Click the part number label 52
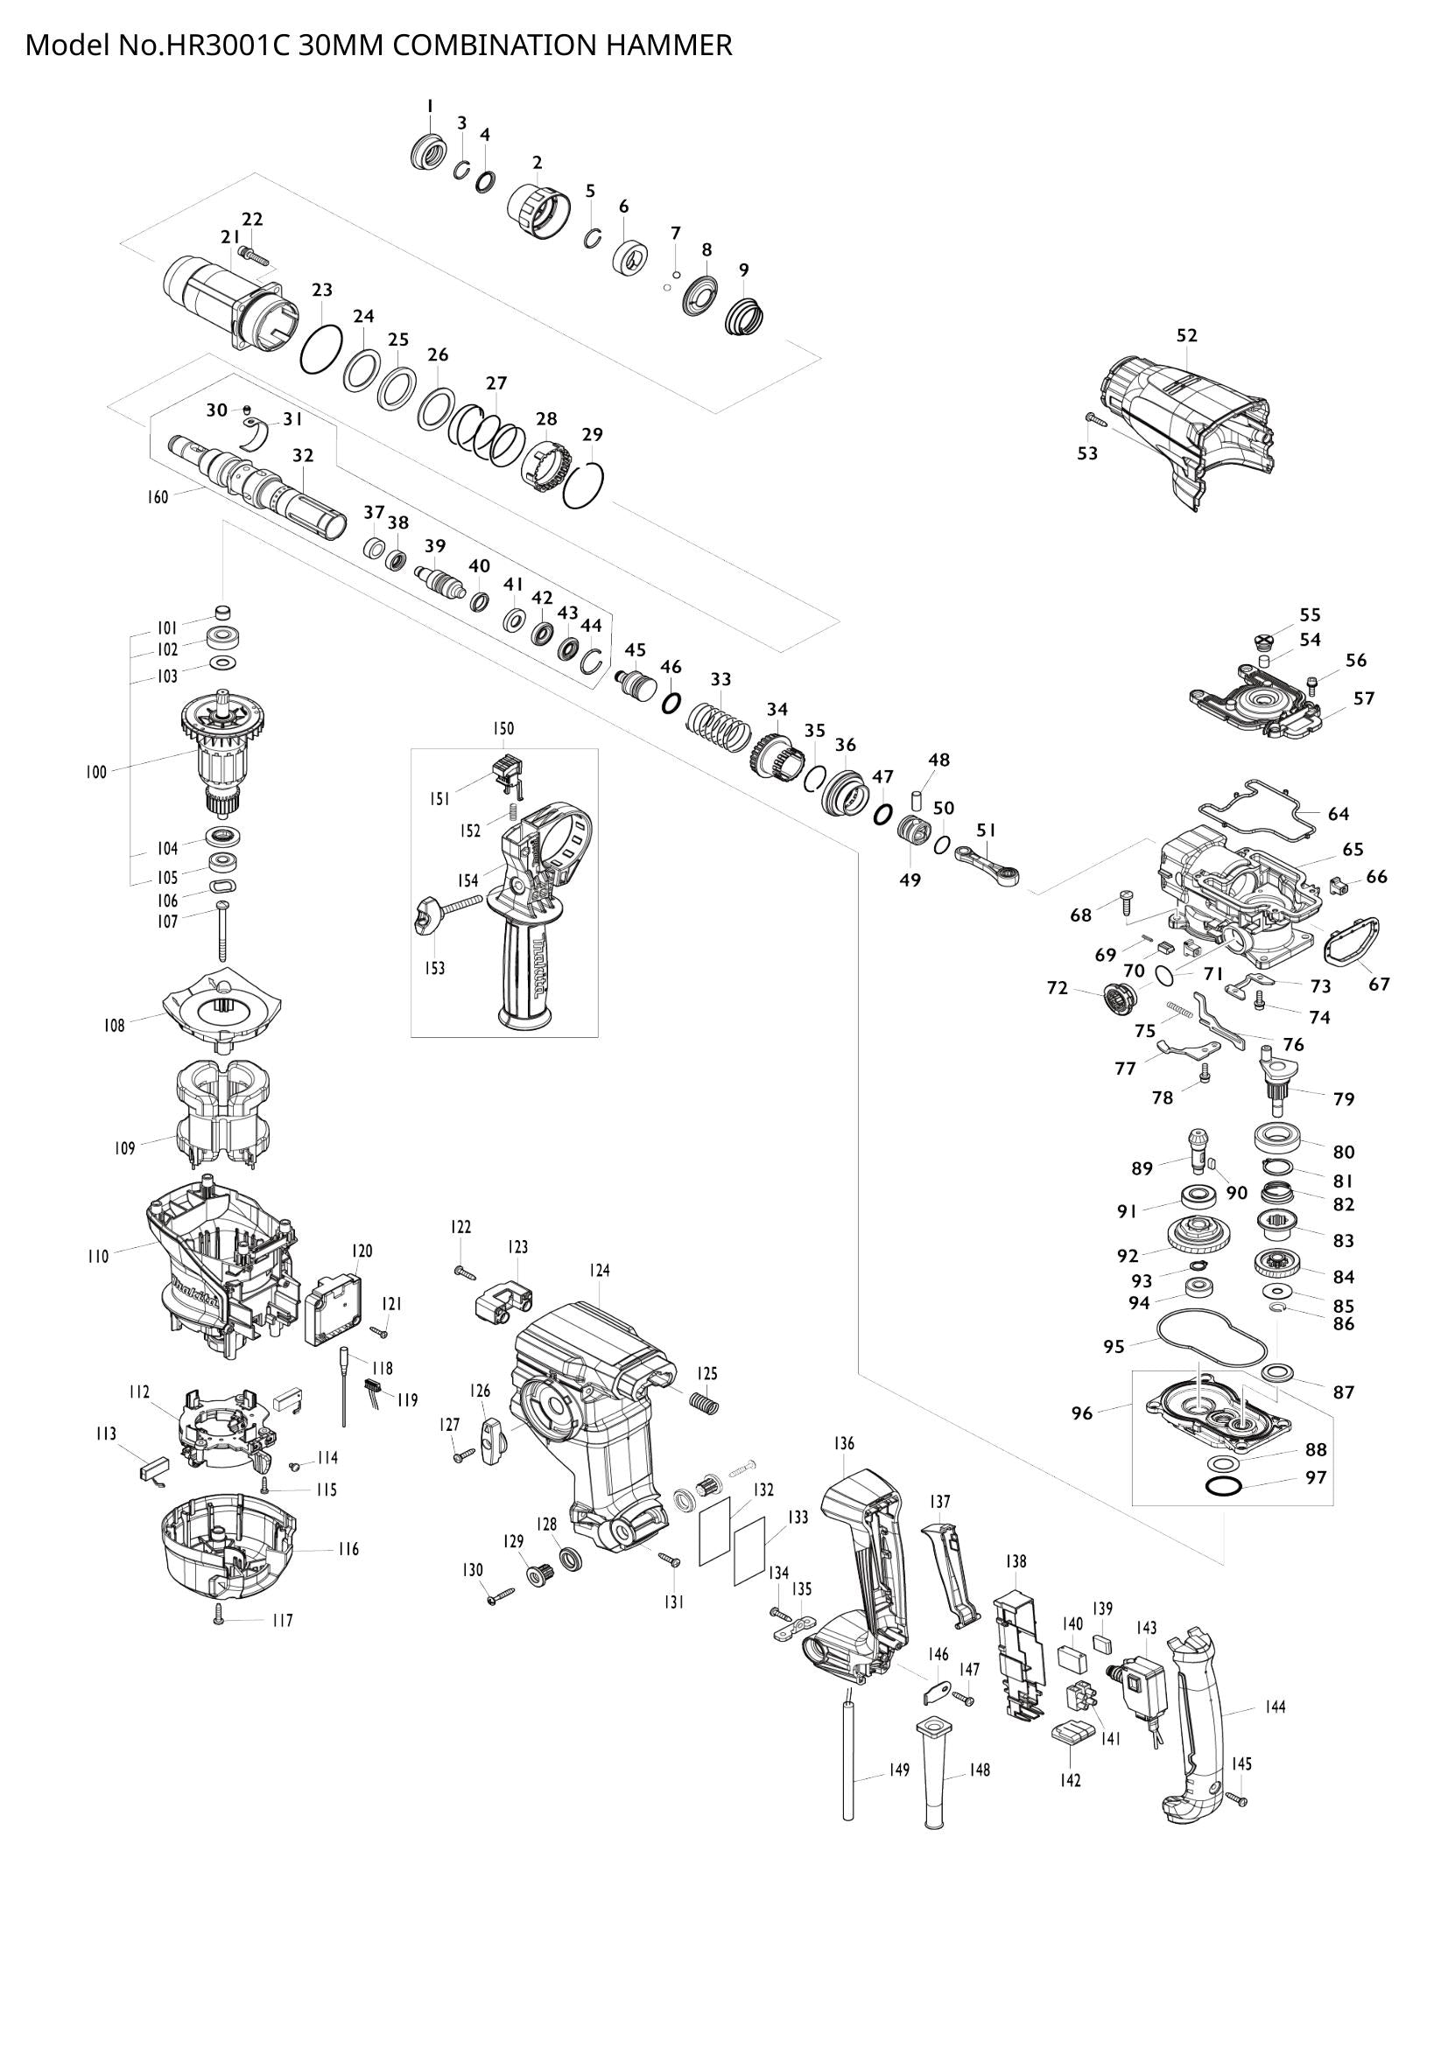click(1186, 335)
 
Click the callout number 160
click(158, 497)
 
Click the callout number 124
click(599, 1270)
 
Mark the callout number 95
click(1114, 1347)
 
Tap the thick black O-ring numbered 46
click(671, 704)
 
